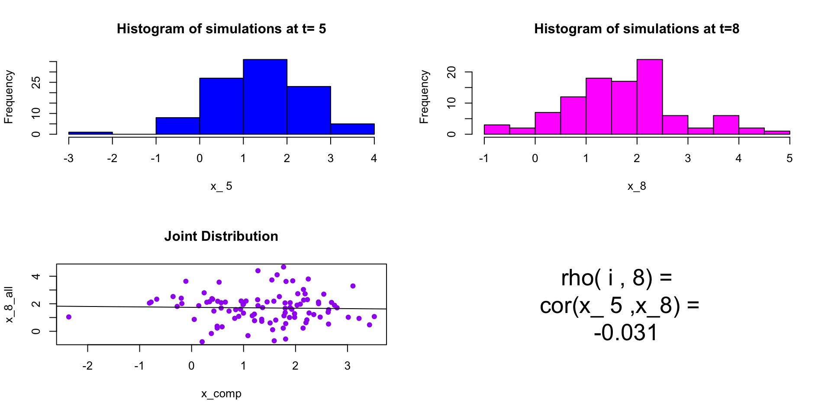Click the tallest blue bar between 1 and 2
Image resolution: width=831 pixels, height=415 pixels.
(265, 97)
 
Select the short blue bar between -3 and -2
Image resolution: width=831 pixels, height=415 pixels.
(90, 133)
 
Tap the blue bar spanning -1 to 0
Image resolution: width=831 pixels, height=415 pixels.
(177, 126)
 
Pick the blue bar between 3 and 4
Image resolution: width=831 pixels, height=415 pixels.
(352, 129)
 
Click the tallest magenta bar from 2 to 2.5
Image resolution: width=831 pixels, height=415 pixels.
(650, 97)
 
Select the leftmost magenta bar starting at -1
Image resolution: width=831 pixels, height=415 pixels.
(497, 129)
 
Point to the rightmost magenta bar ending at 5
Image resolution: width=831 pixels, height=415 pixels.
(777, 132)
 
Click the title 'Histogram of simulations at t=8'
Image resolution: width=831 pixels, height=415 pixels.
(637, 29)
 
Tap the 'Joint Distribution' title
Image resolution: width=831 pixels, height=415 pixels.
(221, 236)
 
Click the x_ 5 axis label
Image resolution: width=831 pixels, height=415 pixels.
(221, 186)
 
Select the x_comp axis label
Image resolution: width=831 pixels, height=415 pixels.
(221, 394)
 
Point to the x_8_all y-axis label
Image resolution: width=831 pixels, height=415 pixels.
(9, 304)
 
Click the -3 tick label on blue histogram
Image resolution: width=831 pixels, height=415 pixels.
(68, 159)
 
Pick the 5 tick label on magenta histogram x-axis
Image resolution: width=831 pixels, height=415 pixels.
(789, 159)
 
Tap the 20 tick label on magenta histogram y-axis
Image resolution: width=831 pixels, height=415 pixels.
(451, 72)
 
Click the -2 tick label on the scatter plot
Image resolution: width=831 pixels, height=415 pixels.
(87, 366)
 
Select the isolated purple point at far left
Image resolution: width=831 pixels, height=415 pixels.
(69, 317)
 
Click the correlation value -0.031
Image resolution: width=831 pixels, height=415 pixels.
(625, 333)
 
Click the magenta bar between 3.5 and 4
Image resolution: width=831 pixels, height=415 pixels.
(726, 124)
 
